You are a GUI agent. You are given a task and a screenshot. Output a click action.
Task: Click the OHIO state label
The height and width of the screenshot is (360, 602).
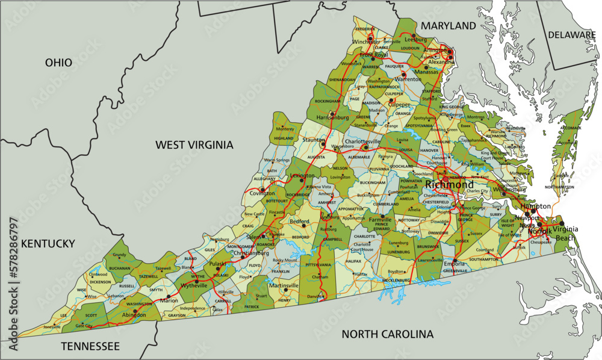(x=58, y=63)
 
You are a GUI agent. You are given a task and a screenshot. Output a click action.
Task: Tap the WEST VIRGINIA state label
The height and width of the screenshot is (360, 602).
(x=194, y=144)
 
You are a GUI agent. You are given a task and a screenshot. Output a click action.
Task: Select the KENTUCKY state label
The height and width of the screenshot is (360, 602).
(x=48, y=244)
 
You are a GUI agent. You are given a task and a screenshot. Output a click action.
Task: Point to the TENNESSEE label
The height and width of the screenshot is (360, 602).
(x=90, y=346)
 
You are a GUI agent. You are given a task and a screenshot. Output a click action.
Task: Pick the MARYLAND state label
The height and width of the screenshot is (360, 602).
(x=448, y=26)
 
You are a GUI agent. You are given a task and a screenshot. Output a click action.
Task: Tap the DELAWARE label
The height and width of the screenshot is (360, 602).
(x=571, y=35)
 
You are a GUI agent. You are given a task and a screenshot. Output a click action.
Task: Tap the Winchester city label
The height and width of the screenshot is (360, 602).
(x=366, y=41)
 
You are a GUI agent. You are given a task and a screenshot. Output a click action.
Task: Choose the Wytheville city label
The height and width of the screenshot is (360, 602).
(x=194, y=286)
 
